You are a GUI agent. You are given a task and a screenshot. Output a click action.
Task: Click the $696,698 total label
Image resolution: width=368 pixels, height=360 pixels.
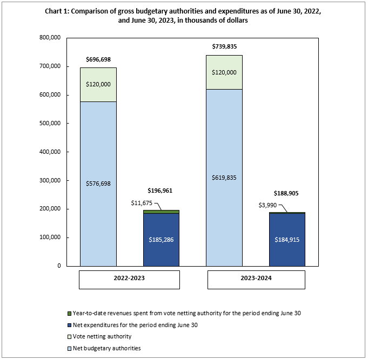click(98, 59)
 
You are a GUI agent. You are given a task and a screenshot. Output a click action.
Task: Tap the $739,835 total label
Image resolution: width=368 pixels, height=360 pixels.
click(224, 46)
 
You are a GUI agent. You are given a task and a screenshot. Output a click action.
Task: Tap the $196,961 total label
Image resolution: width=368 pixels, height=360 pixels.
click(161, 191)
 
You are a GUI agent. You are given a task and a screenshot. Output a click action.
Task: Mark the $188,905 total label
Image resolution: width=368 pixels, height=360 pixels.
click(287, 192)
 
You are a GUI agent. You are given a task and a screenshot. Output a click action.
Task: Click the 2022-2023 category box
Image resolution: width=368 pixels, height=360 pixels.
click(129, 279)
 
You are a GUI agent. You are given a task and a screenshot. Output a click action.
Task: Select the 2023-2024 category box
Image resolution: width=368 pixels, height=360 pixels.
click(256, 279)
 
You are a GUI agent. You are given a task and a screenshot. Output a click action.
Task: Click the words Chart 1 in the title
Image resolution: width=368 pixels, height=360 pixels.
click(58, 11)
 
